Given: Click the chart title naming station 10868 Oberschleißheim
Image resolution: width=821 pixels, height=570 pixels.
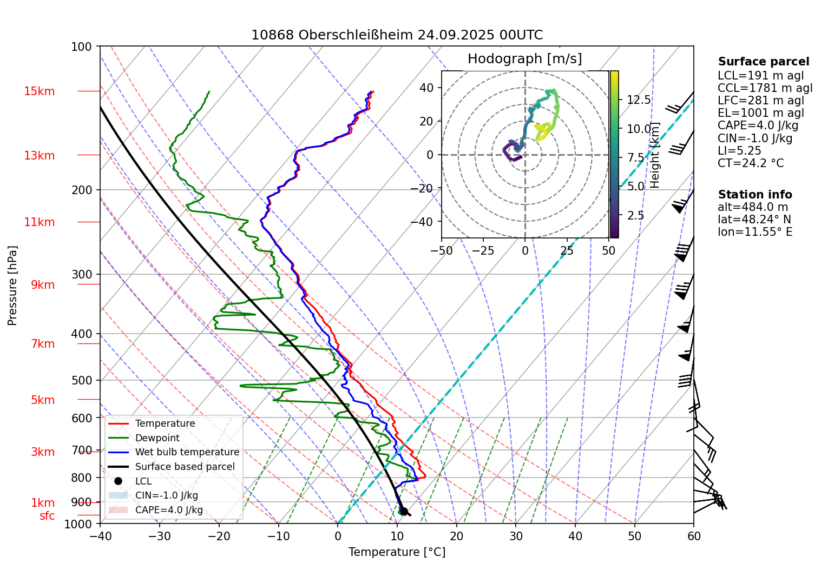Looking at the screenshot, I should coord(397,35).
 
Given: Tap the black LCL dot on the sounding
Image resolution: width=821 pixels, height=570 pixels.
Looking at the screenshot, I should coord(404,511).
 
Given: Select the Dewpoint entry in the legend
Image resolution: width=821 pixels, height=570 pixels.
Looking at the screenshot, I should coord(157,438).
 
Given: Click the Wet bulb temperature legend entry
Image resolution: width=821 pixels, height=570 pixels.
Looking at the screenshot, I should coord(187,452).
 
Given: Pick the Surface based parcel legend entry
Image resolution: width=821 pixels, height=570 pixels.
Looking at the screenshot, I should coord(185,467).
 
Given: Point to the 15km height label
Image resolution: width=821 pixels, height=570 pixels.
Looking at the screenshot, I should coord(39,91).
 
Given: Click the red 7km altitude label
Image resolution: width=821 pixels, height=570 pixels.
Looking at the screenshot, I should coord(43,344).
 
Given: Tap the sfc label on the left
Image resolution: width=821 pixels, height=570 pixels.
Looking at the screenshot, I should coord(47,516).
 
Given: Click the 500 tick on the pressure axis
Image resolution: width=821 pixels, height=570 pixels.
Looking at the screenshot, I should coord(82,380).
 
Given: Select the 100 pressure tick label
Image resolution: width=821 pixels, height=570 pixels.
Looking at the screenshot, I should coord(82,47).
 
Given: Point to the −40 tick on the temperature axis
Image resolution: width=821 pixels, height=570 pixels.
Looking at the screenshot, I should coord(100,536).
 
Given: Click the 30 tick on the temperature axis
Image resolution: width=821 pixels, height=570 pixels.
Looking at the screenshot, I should coord(516,536).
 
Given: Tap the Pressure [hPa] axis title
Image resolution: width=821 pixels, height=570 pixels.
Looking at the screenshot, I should coord(12,286).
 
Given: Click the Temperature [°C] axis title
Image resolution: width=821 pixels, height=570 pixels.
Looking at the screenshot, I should coord(397,552).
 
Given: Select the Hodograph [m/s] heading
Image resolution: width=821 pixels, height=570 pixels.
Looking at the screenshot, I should coord(524,59).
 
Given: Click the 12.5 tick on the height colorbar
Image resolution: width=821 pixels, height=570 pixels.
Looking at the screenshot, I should coord(639,100).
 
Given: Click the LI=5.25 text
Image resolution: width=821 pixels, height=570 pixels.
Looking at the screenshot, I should coord(739,151).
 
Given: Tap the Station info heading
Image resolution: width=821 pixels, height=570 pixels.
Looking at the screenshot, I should coord(755,195).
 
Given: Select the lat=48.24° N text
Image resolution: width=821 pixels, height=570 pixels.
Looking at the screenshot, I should coord(754,220).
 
